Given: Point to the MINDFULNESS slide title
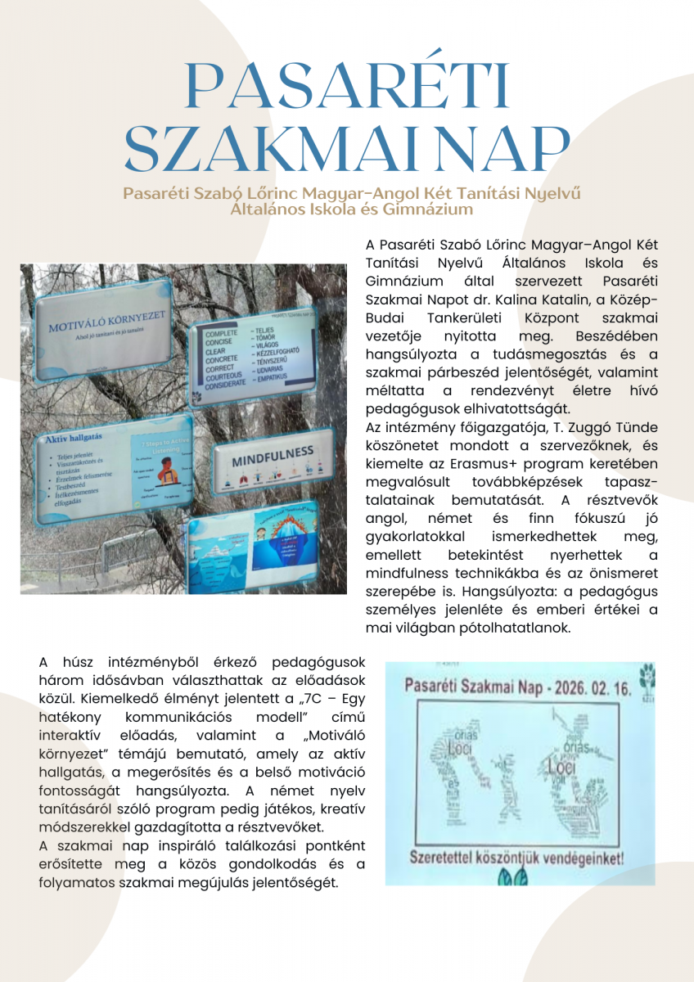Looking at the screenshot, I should coord(273,455).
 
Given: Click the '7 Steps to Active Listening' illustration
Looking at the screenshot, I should coord(163,474).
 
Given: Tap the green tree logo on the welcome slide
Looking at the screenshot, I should coord(647,673).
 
